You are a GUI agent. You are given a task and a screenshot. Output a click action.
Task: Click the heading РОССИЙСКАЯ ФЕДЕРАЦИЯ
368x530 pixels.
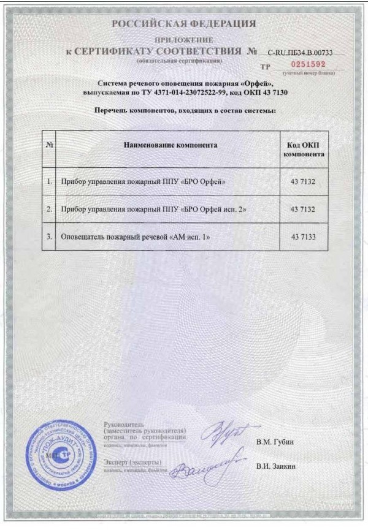(183, 24)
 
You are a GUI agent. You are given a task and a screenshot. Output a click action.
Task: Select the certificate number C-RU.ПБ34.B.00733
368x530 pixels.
(299, 53)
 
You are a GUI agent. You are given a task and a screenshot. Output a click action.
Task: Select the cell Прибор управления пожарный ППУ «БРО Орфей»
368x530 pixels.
(140, 182)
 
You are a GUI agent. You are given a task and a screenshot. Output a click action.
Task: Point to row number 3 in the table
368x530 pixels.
(49, 236)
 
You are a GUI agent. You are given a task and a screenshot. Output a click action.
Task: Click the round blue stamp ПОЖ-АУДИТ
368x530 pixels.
(61, 454)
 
